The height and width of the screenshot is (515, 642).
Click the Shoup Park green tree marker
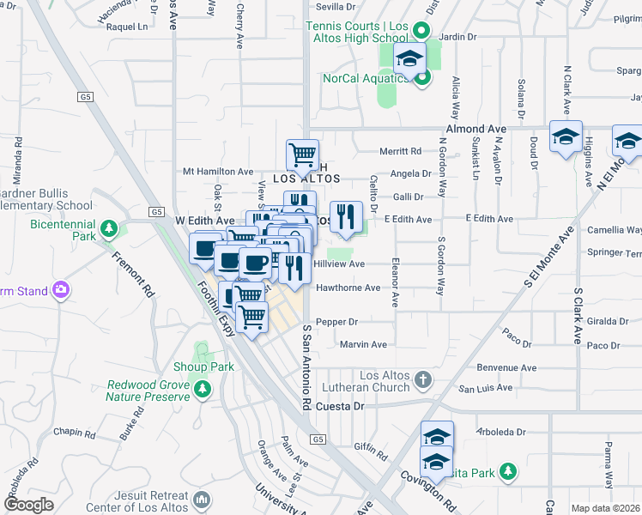point(203,367)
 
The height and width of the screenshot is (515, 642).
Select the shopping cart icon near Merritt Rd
point(302,154)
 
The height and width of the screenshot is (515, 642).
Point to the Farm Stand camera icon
point(59,291)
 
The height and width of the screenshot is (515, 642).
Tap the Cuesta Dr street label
point(340,406)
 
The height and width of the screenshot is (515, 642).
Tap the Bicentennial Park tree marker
point(108,228)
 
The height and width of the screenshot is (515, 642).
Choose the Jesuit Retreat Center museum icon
point(203,499)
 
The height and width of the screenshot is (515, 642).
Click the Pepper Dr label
point(336,322)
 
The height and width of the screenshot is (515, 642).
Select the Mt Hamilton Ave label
point(218,172)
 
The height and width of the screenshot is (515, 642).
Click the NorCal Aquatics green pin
point(421,78)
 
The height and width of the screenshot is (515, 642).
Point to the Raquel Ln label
point(127,27)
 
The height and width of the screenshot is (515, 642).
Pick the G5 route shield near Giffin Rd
point(318,440)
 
